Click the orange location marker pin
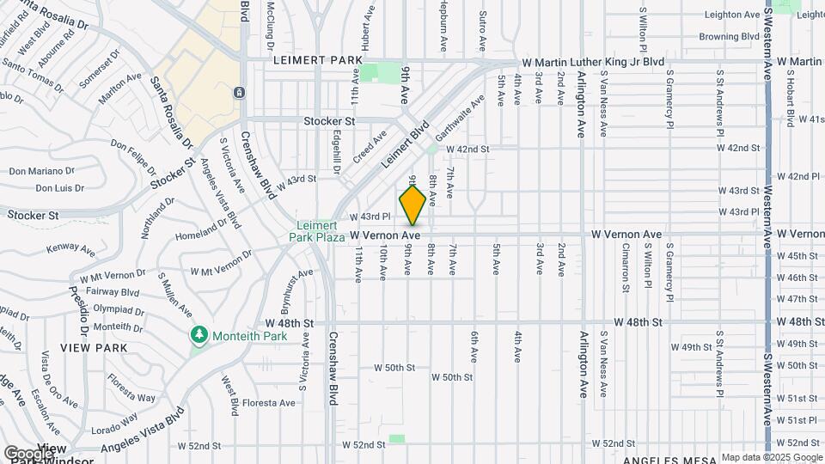[412, 205]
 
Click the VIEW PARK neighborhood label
[94, 348]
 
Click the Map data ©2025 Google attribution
[772, 457]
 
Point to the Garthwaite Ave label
[459, 118]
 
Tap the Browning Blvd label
[730, 37]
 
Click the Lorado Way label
[115, 426]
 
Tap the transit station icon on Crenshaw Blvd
[238, 92]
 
